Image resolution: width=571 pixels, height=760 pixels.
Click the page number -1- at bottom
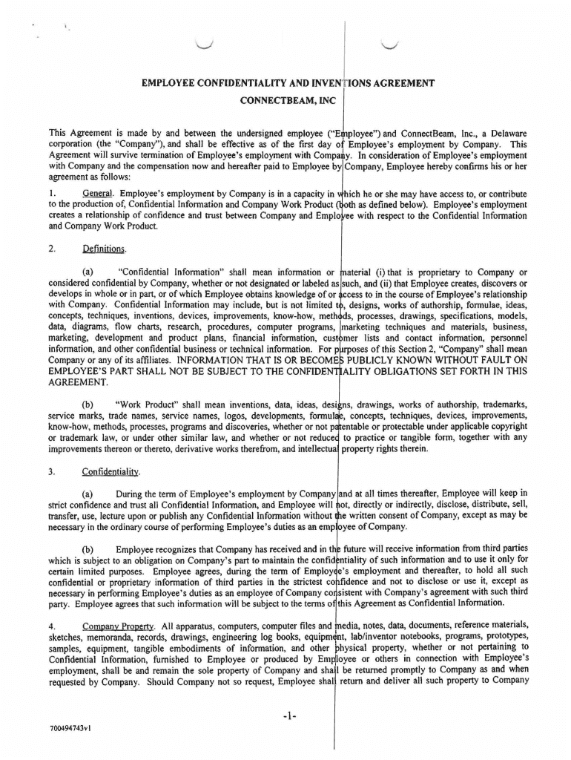[x=289, y=717]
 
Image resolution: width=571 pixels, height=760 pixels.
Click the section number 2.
[x=50, y=249]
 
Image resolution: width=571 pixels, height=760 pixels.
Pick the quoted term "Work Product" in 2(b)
[x=148, y=404]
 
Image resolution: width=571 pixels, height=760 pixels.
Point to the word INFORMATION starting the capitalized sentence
[x=211, y=360]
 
